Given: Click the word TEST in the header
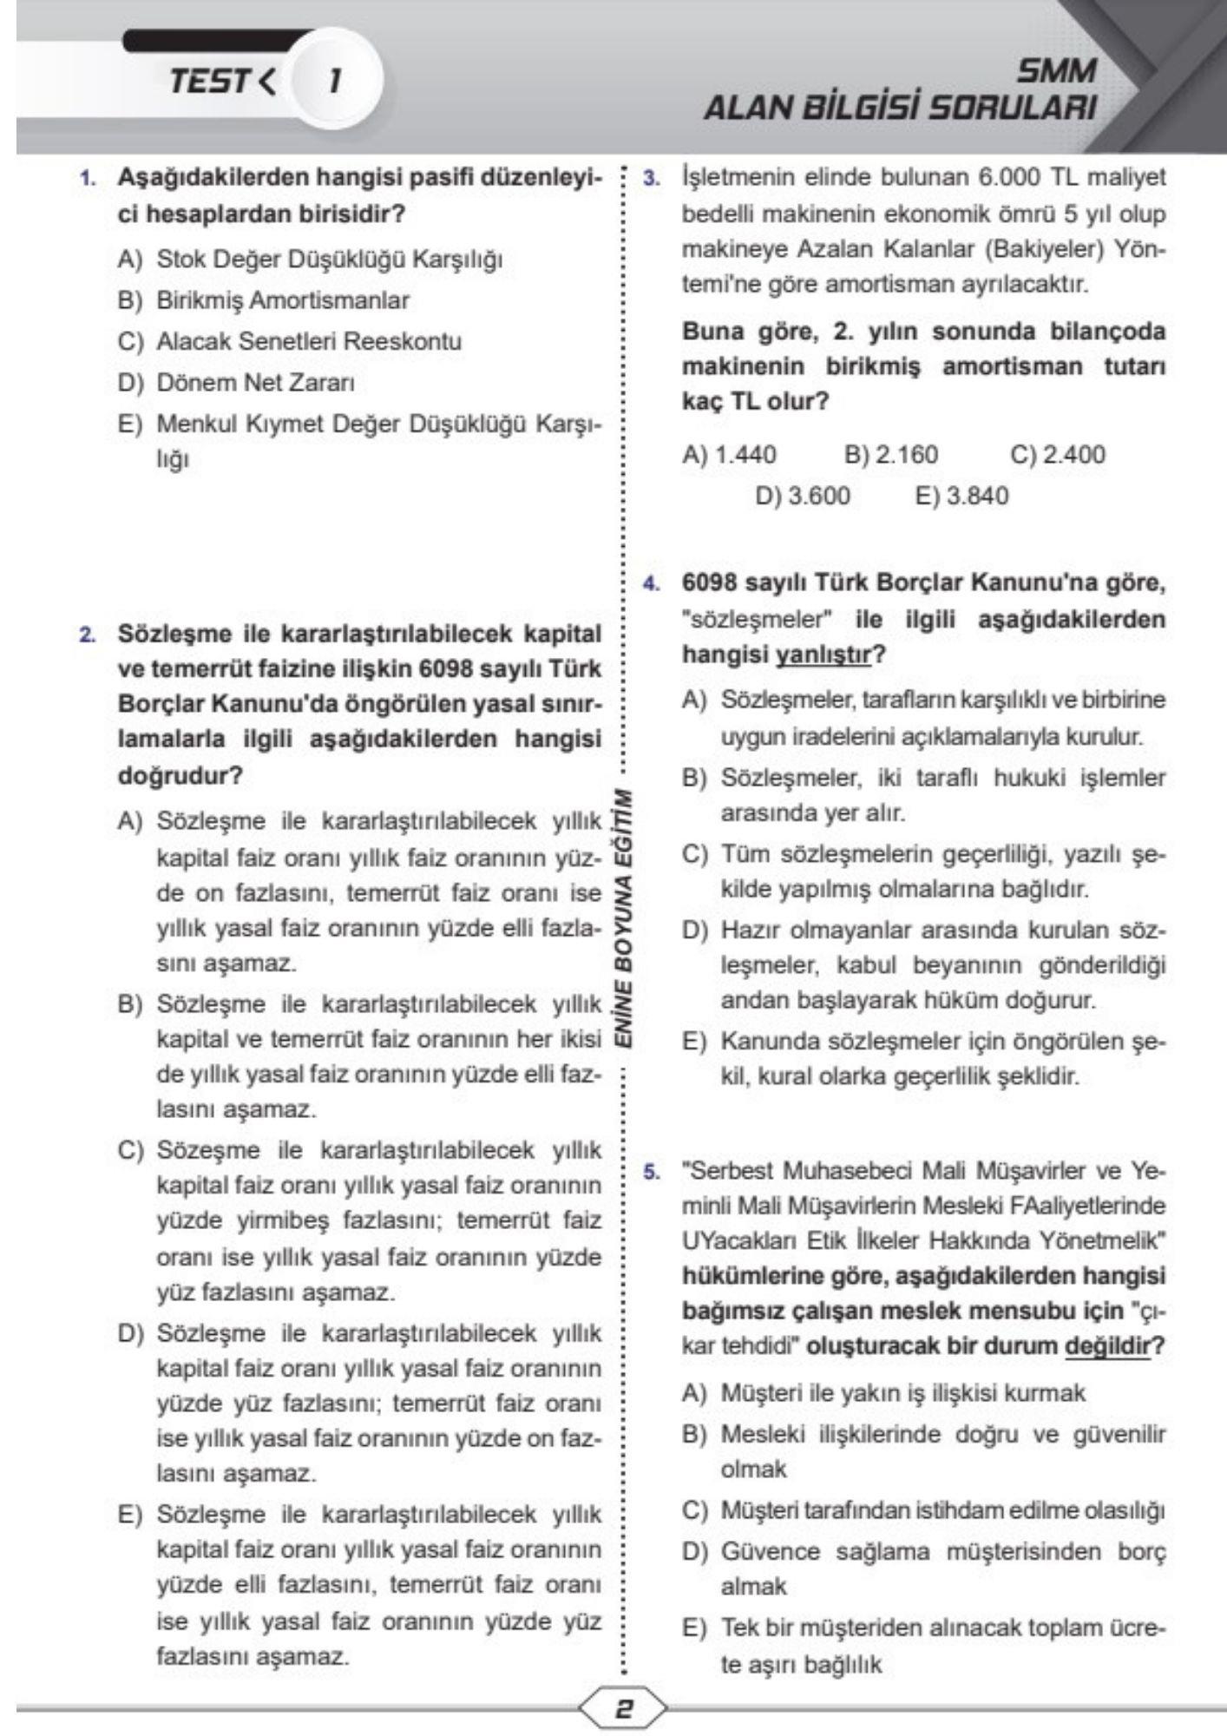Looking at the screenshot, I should pyautogui.click(x=209, y=82).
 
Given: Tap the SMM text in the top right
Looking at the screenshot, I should pyautogui.click(x=1056, y=70).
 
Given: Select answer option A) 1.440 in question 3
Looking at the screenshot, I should pyautogui.click(x=730, y=454).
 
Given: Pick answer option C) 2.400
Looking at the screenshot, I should pyautogui.click(x=1058, y=454).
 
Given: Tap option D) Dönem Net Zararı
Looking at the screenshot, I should pyautogui.click(x=236, y=383).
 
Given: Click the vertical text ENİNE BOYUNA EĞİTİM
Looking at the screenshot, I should pyautogui.click(x=623, y=920).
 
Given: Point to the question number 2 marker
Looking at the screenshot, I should pyautogui.click(x=87, y=635).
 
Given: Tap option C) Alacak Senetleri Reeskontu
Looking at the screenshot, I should pyautogui.click(x=290, y=341).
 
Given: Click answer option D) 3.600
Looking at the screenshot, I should pyautogui.click(x=803, y=496).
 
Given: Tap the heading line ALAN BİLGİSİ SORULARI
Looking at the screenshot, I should pyautogui.click(x=900, y=108).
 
